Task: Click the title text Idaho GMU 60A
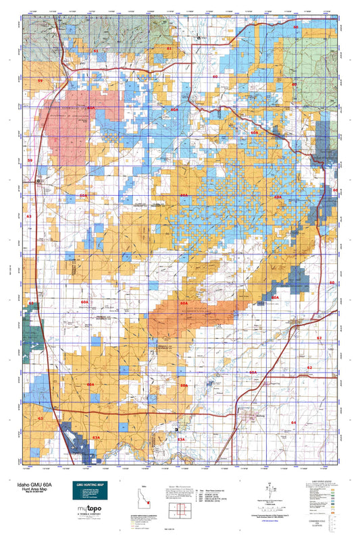27,484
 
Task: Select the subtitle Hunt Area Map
24,489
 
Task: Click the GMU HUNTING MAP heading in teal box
88,486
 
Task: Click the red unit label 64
293,422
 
